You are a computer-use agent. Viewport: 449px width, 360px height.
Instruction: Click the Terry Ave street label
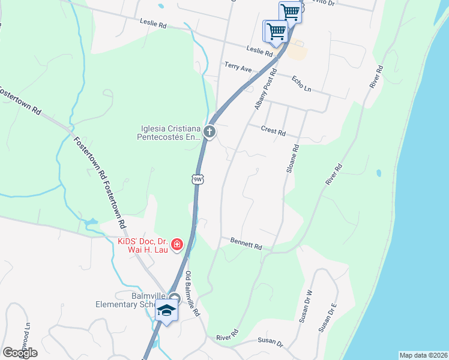click(238, 67)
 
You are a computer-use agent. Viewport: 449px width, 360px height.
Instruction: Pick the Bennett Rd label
click(246, 243)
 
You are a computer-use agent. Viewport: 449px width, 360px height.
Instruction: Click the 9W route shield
click(198, 179)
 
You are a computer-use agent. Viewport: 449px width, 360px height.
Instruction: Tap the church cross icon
click(209, 132)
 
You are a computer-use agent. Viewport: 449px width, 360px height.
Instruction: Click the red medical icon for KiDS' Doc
click(177, 244)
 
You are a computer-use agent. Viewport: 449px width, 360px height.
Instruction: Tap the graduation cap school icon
click(166, 311)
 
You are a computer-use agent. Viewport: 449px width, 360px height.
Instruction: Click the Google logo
click(20, 353)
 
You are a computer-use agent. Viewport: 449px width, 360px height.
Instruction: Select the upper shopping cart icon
click(291, 11)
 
